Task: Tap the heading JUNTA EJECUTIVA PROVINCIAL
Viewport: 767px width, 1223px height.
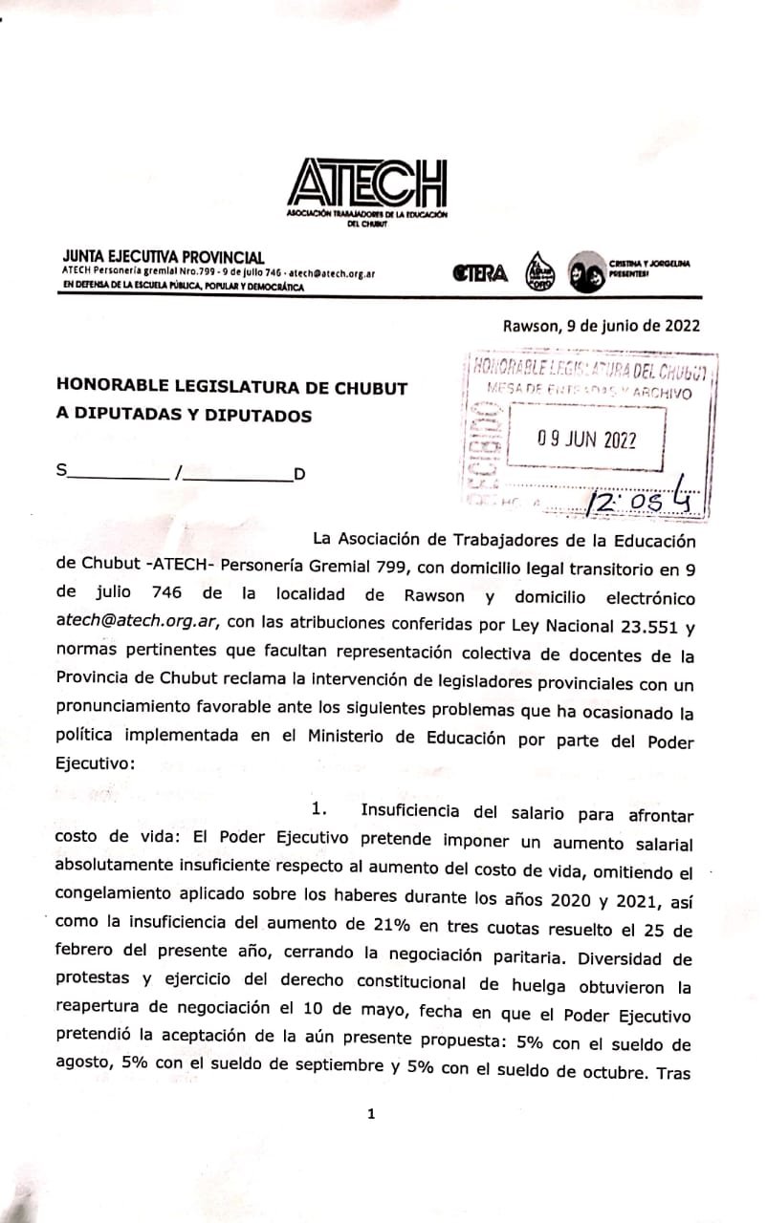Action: (x=162, y=256)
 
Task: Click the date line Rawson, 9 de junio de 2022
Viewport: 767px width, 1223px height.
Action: (x=601, y=325)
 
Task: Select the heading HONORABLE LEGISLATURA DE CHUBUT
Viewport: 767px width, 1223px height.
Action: (x=218, y=388)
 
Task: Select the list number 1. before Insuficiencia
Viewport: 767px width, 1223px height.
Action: (x=321, y=809)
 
